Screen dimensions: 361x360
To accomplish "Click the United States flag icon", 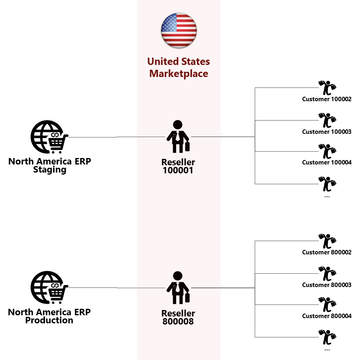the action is [178, 30].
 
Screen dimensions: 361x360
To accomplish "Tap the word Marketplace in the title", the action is [178, 74].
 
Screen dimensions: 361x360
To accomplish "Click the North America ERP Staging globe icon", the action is [49, 137].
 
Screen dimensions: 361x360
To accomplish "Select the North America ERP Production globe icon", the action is [49, 287].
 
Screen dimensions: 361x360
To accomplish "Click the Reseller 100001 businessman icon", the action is [178, 136].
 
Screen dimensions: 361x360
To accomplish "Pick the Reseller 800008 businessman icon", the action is [178, 288].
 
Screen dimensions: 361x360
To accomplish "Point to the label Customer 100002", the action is [327, 99].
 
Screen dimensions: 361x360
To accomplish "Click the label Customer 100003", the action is [327, 132].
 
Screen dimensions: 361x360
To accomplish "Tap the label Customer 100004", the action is [327, 162].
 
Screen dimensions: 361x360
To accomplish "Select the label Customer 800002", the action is [327, 252].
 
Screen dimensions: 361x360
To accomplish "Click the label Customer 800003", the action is [327, 285].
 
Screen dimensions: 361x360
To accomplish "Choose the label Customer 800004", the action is [327, 316].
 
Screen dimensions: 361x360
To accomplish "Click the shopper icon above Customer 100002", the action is [327, 88].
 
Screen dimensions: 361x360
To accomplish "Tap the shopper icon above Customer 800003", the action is [327, 274].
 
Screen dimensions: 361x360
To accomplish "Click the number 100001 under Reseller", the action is [178, 171].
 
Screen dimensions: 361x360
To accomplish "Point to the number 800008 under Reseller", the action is [178, 322].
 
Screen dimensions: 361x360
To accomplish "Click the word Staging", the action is [50, 170].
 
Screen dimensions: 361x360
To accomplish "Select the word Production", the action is [49, 320].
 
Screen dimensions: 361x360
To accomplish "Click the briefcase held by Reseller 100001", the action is [187, 146].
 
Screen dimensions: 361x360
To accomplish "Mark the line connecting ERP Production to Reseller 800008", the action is [117, 288].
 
